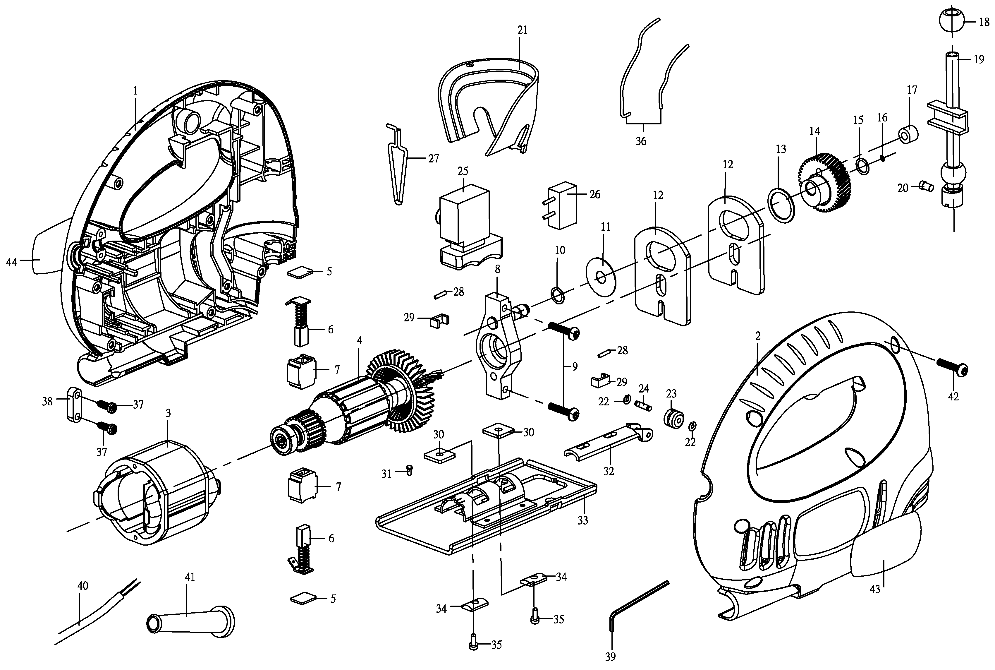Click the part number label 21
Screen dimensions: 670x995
[522, 30]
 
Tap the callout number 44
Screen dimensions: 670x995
[11, 262]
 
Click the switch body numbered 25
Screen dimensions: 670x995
[470, 227]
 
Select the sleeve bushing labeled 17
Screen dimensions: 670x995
[909, 135]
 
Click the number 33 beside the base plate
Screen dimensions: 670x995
[583, 520]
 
